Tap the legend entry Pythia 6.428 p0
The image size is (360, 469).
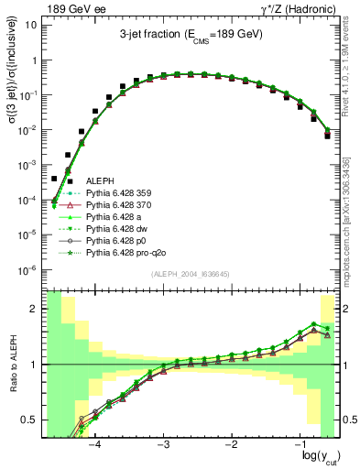click(x=116, y=248)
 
